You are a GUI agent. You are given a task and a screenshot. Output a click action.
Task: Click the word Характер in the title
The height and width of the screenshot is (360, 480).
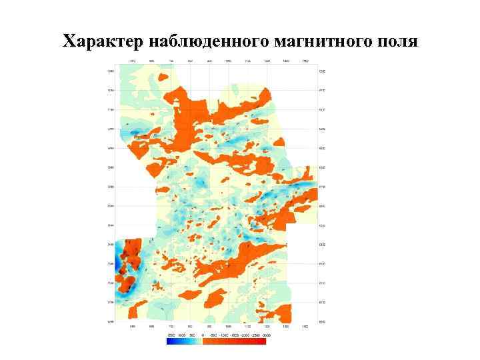tap(105, 41)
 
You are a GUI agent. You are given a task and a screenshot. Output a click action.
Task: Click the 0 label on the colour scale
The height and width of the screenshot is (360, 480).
tap(203, 335)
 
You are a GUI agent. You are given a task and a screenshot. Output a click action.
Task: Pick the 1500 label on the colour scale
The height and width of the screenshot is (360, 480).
tap(171, 335)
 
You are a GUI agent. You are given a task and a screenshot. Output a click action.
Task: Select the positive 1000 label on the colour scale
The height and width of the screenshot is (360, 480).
tap(181, 335)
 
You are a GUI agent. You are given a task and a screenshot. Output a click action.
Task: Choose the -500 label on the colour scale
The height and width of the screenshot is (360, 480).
tap(213, 335)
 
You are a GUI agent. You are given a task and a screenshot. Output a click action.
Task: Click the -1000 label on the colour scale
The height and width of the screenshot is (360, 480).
tap(224, 335)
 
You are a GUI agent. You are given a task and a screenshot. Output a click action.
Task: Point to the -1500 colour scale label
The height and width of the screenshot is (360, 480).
tap(235, 335)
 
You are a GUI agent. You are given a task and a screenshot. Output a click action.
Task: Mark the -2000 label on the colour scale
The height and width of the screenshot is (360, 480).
tap(247, 335)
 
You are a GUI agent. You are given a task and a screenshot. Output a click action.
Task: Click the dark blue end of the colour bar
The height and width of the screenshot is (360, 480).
tap(169, 341)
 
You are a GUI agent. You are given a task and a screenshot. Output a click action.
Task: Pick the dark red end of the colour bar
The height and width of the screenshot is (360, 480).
tap(263, 341)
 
